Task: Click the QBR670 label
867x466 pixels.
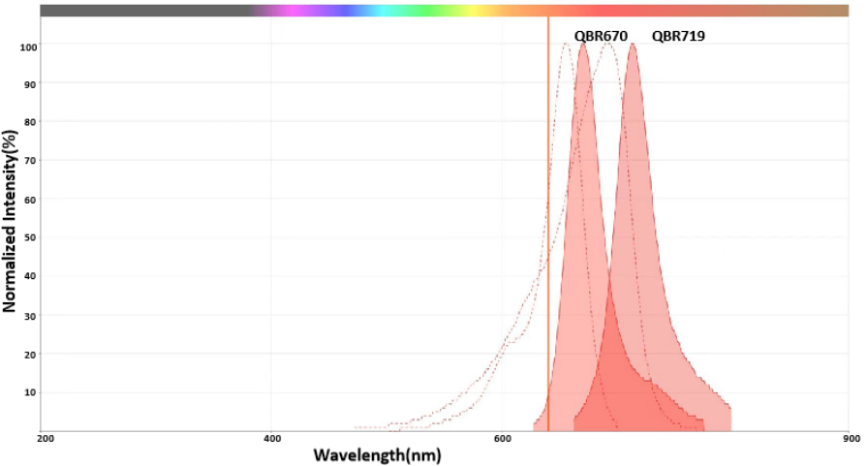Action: click(x=601, y=37)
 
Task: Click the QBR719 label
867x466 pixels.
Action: click(x=678, y=37)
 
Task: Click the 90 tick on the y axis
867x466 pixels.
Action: click(x=30, y=84)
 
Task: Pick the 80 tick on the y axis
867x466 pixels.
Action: click(x=30, y=122)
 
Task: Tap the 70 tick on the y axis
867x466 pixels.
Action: click(x=30, y=161)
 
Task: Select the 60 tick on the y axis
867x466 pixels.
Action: click(x=30, y=200)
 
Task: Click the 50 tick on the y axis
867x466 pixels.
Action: click(x=30, y=238)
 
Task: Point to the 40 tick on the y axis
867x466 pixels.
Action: click(x=30, y=276)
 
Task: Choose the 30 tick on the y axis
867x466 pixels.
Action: click(x=30, y=315)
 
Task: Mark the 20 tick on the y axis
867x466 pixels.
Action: click(x=30, y=354)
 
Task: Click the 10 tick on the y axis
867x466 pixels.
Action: click(x=30, y=392)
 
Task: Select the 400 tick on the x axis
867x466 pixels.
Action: click(x=272, y=439)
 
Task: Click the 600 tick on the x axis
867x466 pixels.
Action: click(x=503, y=439)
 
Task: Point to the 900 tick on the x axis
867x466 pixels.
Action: click(x=852, y=439)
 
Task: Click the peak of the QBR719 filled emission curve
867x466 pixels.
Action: click(x=633, y=45)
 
